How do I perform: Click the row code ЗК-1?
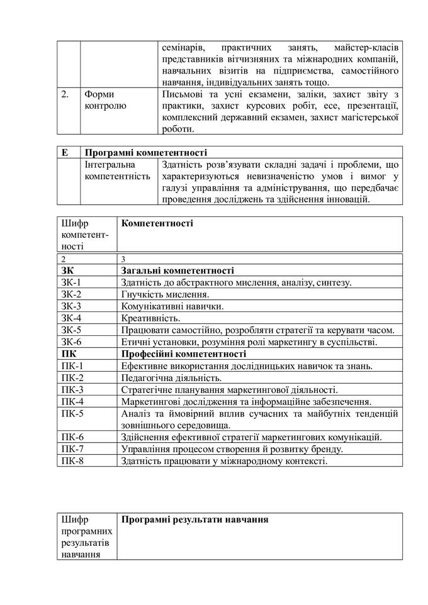click(72, 282)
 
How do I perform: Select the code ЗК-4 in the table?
click(72, 318)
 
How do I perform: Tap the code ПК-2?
click(72, 378)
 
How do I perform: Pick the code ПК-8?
click(72, 460)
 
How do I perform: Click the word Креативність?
click(150, 318)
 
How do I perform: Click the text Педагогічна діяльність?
click(171, 378)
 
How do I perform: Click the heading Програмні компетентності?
click(145, 152)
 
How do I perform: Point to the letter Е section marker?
click(65, 152)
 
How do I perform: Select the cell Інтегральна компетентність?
click(118, 170)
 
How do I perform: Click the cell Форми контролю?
click(105, 100)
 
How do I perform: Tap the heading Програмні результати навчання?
click(195, 520)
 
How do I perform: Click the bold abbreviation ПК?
click(69, 354)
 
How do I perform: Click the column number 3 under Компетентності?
click(123, 258)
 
